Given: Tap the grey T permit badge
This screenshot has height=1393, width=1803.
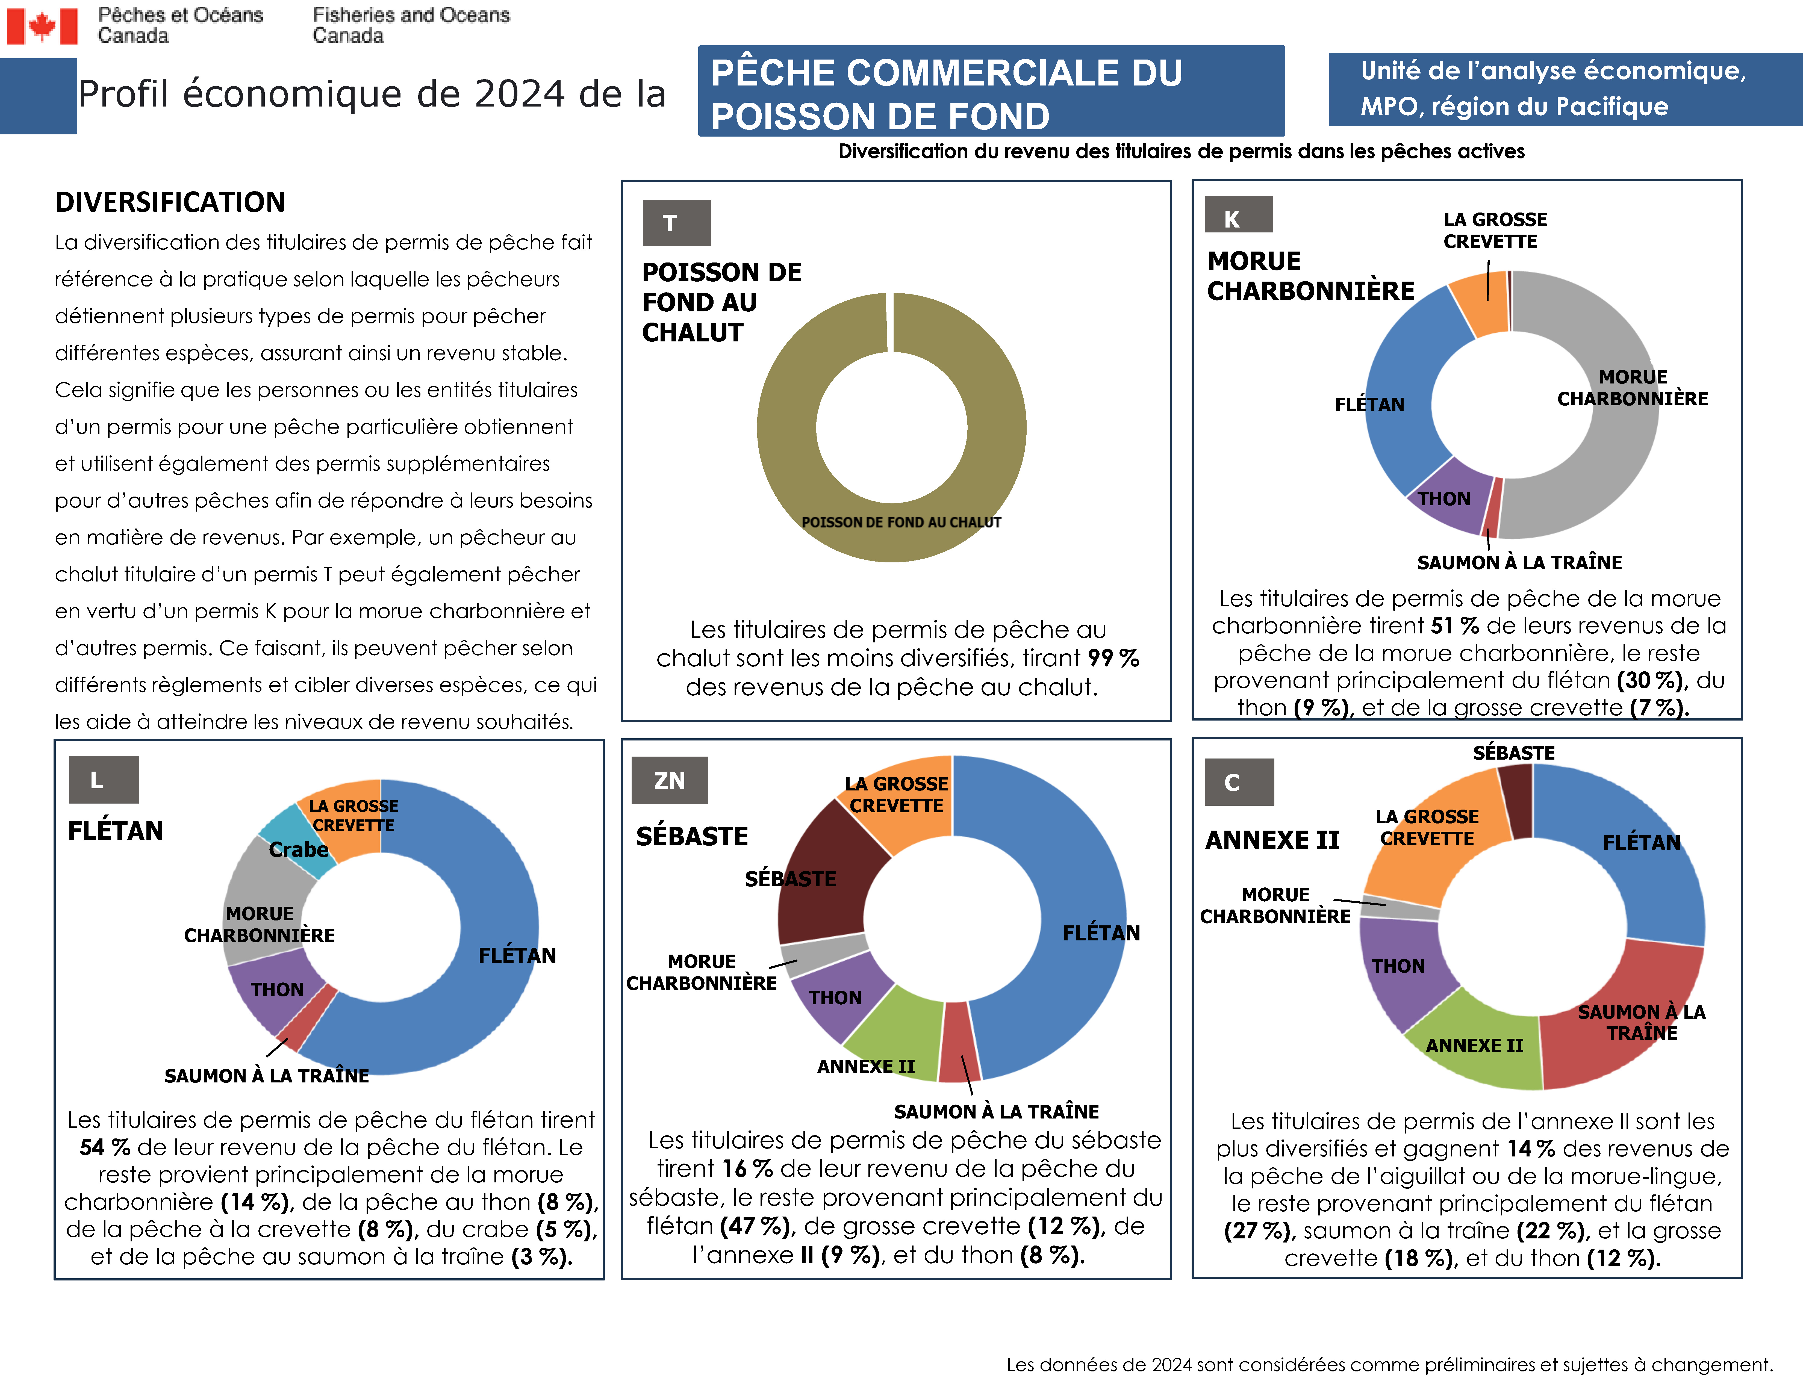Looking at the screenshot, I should [x=676, y=223].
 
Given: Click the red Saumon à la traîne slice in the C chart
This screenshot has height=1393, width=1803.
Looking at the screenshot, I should [x=1618, y=1023].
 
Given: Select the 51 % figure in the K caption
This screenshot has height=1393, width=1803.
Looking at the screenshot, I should [x=1455, y=625].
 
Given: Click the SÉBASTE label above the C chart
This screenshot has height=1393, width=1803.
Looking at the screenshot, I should [x=1513, y=752].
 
